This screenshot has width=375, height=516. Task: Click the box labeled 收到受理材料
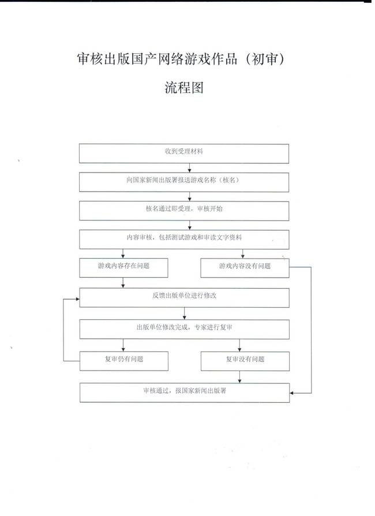184,154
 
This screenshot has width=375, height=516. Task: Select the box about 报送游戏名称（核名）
184,182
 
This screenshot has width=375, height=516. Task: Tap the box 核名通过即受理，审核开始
184,211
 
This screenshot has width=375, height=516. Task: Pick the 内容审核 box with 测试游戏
184,240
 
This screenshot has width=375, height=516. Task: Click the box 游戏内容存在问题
123,268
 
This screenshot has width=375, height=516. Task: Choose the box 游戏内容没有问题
245,268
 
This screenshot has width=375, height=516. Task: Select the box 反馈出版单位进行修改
185,297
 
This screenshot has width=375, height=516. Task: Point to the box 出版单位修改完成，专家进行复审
185,329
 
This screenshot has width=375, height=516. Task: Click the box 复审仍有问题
124,361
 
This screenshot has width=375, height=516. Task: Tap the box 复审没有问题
245,361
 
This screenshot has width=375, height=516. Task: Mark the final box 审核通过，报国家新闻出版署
185,392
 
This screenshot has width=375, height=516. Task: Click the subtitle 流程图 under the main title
184,88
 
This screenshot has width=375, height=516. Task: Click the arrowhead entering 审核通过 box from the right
292,393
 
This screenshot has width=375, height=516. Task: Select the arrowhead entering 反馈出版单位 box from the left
78,299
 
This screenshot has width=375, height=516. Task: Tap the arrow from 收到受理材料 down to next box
189,168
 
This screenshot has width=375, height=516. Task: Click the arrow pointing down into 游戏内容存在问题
123,253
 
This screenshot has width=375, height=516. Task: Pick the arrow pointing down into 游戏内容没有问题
243,254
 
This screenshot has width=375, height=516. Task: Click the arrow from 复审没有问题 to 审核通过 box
239,377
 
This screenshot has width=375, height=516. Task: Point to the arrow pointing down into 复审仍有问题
123,345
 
